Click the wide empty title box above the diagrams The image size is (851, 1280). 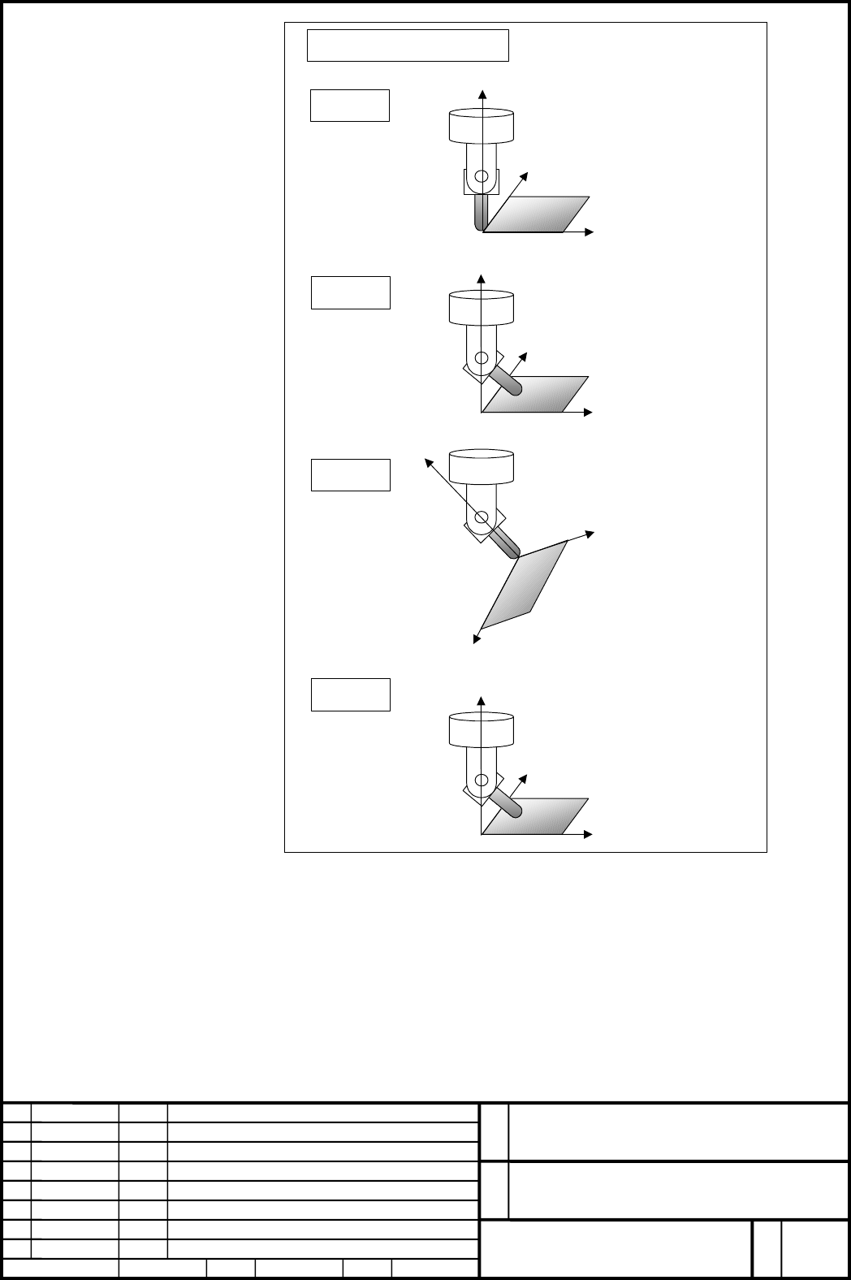[408, 45]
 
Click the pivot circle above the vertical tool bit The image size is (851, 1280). [482, 176]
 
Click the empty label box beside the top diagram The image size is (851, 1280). [350, 106]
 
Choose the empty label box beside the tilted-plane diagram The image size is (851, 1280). [351, 474]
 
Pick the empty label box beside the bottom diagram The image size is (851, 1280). [351, 694]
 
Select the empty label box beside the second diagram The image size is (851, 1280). [351, 292]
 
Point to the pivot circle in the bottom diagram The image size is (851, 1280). [482, 780]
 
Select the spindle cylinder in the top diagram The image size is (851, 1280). [481, 126]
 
